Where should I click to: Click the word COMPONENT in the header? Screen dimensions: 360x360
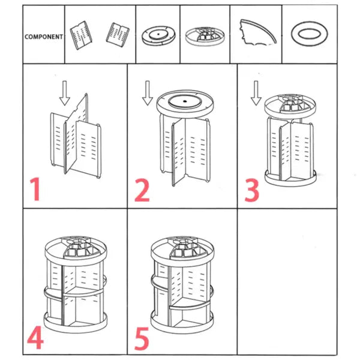[44, 37]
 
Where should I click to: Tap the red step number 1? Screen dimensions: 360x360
[37, 190]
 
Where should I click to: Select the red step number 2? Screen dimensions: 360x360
[142, 190]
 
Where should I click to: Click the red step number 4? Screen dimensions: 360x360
[35, 338]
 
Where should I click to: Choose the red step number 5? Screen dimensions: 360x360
[142, 338]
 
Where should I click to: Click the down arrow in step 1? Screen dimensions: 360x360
[65, 93]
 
